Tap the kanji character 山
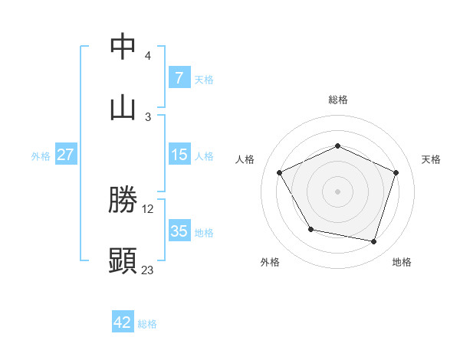pos(123,107)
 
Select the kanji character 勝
pos(123,200)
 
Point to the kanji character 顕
pos(123,261)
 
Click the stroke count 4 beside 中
pos(148,56)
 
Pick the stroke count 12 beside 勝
pos(148,208)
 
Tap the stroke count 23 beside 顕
pos(148,270)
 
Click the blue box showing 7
pos(179,77)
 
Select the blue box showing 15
pos(179,154)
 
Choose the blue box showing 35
pos(179,231)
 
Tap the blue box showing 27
pos(65,154)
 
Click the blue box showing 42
pos(123,322)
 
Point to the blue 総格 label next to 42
pos(147,324)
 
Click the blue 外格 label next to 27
pos(41,155)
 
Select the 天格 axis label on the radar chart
pos(431,159)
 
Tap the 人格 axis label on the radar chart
pos(245,159)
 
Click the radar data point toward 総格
pos(337,146)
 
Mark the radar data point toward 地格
pos(373,241)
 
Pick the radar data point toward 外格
pos(310,229)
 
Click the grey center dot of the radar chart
pos(337,191)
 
